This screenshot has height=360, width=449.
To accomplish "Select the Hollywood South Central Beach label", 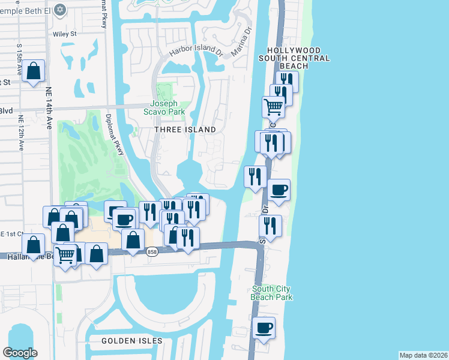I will [294, 58].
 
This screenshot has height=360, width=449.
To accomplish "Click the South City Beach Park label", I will [272, 293].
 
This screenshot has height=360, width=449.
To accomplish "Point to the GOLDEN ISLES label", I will [132, 341].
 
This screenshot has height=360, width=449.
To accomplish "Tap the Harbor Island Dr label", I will [196, 52].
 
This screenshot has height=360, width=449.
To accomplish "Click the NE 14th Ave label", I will [49, 108].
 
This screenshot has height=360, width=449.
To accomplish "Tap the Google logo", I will [20, 352].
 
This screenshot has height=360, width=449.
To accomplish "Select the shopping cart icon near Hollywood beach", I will [274, 107].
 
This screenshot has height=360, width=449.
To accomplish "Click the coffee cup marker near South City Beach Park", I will [264, 328].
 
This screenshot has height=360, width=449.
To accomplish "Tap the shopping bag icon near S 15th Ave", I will [35, 71].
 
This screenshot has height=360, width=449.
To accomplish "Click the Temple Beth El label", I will [32, 10].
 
